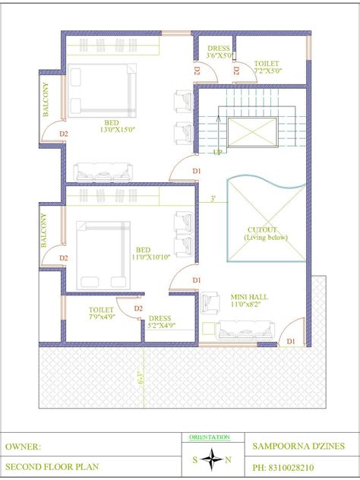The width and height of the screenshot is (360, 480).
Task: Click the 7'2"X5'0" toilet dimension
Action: tap(267, 71)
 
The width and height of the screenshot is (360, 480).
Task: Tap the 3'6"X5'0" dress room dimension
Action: tap(218, 55)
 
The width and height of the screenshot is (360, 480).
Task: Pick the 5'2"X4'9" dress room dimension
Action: tap(162, 327)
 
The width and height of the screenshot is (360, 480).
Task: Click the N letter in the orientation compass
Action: tap(228, 459)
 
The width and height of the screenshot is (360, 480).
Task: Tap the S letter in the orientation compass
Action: tap(195, 459)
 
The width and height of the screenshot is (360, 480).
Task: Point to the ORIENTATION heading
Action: tap(210, 437)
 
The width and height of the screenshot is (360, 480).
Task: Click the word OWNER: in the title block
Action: tap(24, 446)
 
